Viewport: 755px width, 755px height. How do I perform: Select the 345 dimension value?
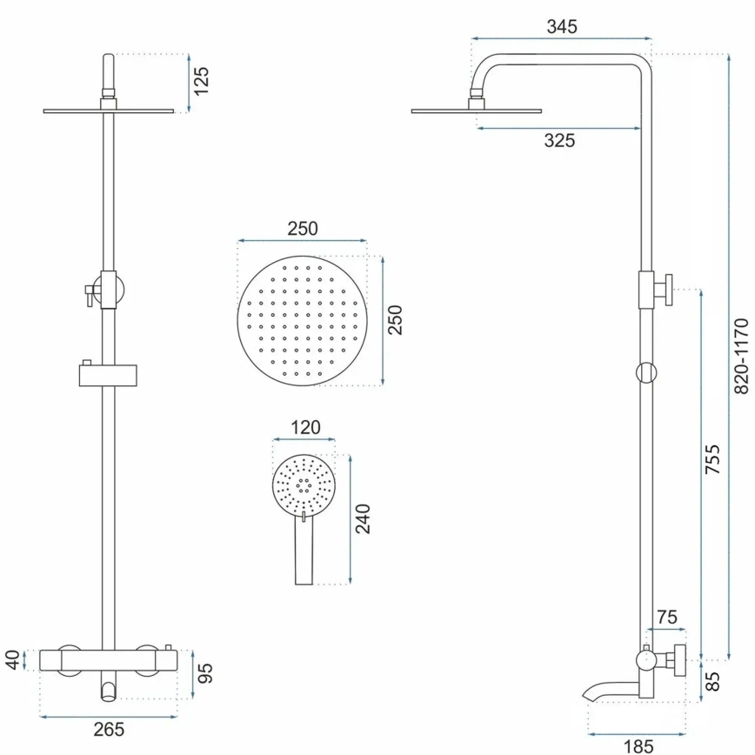click(562, 26)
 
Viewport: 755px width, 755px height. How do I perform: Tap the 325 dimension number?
click(559, 141)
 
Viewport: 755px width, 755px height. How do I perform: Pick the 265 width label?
click(109, 729)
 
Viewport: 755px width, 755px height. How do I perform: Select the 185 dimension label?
click(638, 745)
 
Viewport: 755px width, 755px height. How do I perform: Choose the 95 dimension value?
click(205, 673)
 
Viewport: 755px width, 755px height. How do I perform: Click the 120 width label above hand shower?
click(304, 427)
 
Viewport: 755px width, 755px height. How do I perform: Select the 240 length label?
click(363, 518)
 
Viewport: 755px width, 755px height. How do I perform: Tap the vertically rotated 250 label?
click(394, 319)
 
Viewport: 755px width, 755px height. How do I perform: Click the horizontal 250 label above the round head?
click(302, 229)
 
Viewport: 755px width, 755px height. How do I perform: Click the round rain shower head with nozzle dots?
click(301, 320)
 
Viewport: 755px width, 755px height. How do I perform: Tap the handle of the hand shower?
click(304, 552)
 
